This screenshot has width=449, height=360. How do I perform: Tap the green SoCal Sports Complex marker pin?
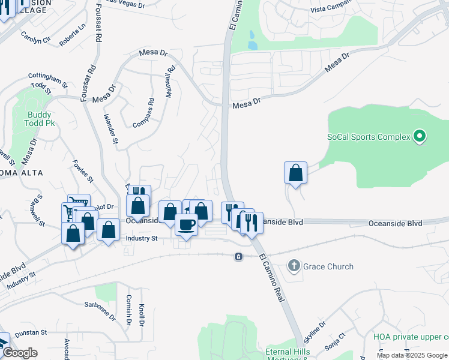[420, 137]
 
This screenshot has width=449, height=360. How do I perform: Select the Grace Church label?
[328, 266]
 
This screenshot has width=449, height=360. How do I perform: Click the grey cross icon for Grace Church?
[294, 265]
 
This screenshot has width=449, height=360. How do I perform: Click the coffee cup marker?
[186, 226]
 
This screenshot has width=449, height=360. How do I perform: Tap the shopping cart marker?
[79, 203]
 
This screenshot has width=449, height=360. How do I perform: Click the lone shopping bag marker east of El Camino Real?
[295, 173]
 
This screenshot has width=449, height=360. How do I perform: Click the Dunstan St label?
[31, 332]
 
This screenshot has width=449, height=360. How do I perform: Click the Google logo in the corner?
[20, 353]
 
